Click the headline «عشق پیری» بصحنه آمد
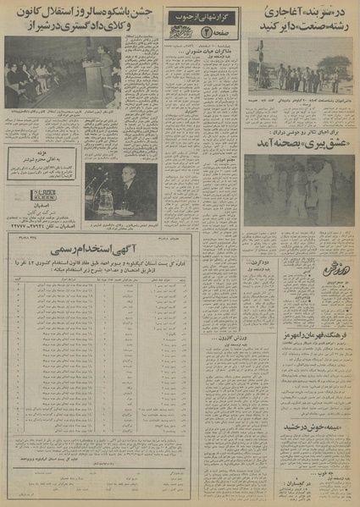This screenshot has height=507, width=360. pos(298,144)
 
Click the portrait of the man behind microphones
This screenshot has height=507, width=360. pos(121,191)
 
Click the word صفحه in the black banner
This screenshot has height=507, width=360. pos(207,31)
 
